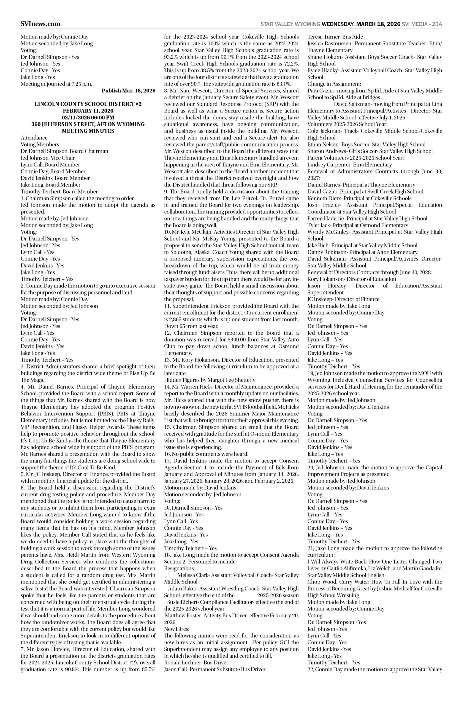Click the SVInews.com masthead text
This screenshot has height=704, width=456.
40,24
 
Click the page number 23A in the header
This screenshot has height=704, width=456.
437,24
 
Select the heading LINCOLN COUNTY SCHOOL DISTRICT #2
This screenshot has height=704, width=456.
88,104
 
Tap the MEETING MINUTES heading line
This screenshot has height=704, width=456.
88,131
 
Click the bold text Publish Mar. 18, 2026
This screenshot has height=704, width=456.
129,91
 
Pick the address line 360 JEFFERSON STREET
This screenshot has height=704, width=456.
88,124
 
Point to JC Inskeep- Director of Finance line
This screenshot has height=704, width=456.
343,299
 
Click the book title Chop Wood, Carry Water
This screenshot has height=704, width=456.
334,582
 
